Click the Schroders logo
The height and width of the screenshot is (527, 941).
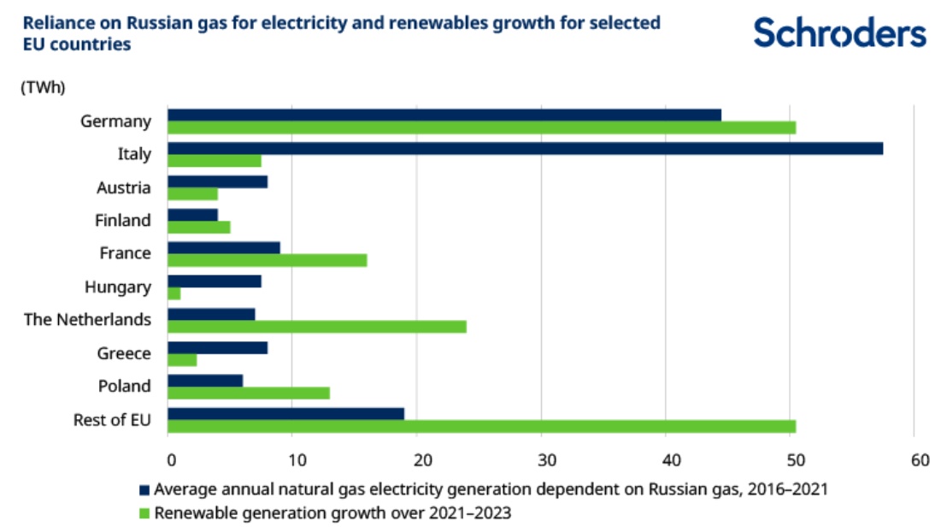840,33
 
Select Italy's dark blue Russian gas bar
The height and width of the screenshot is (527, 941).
525,148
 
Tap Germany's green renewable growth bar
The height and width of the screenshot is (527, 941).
481,128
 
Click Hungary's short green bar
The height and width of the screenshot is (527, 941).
174,294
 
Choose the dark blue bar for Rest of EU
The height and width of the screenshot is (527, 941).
285,414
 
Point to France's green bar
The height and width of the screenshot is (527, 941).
267,260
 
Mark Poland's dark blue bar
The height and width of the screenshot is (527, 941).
205,381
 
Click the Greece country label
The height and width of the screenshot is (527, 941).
125,353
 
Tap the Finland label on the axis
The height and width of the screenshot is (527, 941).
123,220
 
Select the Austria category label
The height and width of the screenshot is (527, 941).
125,187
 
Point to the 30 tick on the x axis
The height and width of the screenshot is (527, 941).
542,460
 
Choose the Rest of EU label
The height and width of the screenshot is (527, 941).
115,419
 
